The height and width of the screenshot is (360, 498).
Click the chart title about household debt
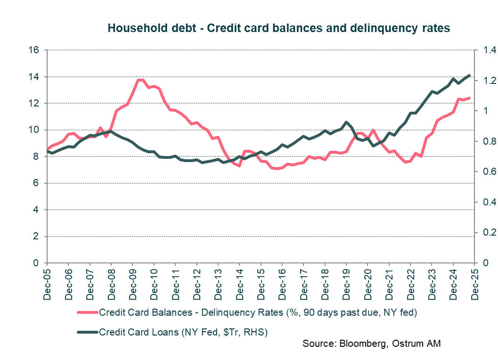[x=278, y=28]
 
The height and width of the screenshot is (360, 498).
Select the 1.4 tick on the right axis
[x=486, y=50]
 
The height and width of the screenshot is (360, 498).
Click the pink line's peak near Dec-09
[x=140, y=80]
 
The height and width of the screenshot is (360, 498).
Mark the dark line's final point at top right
[x=469, y=75]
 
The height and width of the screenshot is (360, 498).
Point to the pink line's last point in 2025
[x=469, y=98]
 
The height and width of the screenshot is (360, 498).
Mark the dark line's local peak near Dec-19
[x=347, y=122]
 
